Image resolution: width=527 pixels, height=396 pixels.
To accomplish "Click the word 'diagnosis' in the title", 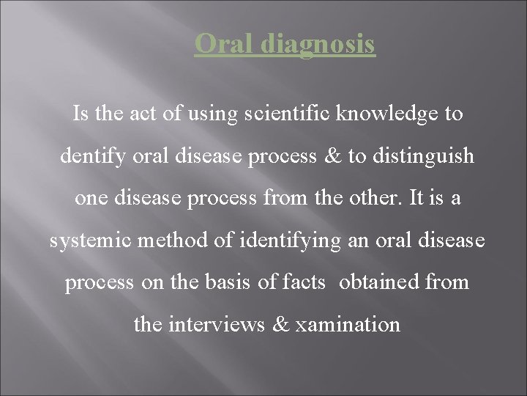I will [316, 45].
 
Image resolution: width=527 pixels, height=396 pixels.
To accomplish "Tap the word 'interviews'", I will [216, 324].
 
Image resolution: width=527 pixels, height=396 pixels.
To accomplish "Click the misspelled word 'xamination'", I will [347, 324].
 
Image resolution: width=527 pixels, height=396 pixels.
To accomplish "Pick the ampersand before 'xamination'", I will [280, 324].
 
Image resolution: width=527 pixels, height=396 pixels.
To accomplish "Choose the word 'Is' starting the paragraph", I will [80, 114].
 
